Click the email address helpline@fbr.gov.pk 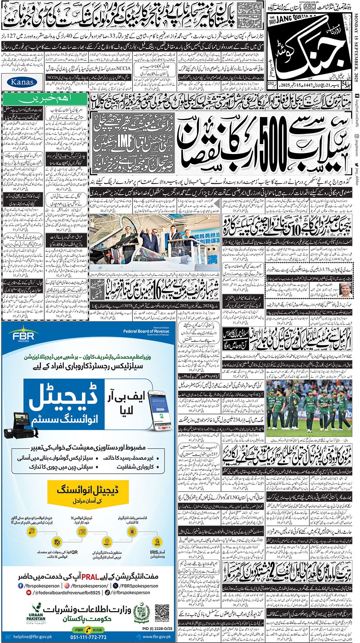tap(32, 637)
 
